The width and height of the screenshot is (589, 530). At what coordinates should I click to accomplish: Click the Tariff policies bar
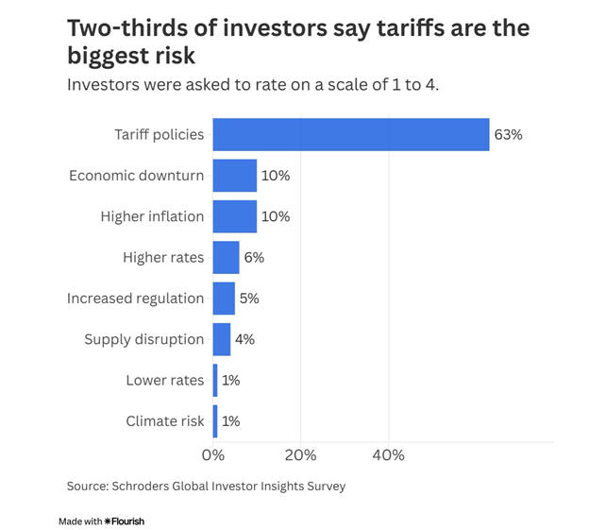click(x=350, y=134)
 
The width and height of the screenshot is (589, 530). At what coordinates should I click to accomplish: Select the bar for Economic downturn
click(x=234, y=176)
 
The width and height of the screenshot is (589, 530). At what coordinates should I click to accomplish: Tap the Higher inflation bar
click(x=234, y=216)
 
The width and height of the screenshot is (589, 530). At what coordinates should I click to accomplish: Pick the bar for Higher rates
click(x=226, y=257)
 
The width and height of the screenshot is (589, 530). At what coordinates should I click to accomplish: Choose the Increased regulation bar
click(x=224, y=299)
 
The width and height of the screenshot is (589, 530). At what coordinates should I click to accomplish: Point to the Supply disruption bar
click(x=221, y=339)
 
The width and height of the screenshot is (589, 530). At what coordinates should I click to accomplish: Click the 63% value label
click(x=507, y=134)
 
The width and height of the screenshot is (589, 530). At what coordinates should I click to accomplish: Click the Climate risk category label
click(x=164, y=421)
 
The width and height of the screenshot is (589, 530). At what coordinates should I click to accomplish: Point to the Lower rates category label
click(x=164, y=380)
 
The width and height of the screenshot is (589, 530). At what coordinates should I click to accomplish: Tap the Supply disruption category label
click(x=143, y=339)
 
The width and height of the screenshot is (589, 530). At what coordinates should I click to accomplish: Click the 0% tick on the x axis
click(x=213, y=455)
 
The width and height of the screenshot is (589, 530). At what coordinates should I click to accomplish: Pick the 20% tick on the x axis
click(x=300, y=455)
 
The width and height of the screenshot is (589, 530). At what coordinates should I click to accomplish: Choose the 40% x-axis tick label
click(x=388, y=455)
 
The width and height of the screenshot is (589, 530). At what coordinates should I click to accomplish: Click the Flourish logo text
click(x=127, y=521)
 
